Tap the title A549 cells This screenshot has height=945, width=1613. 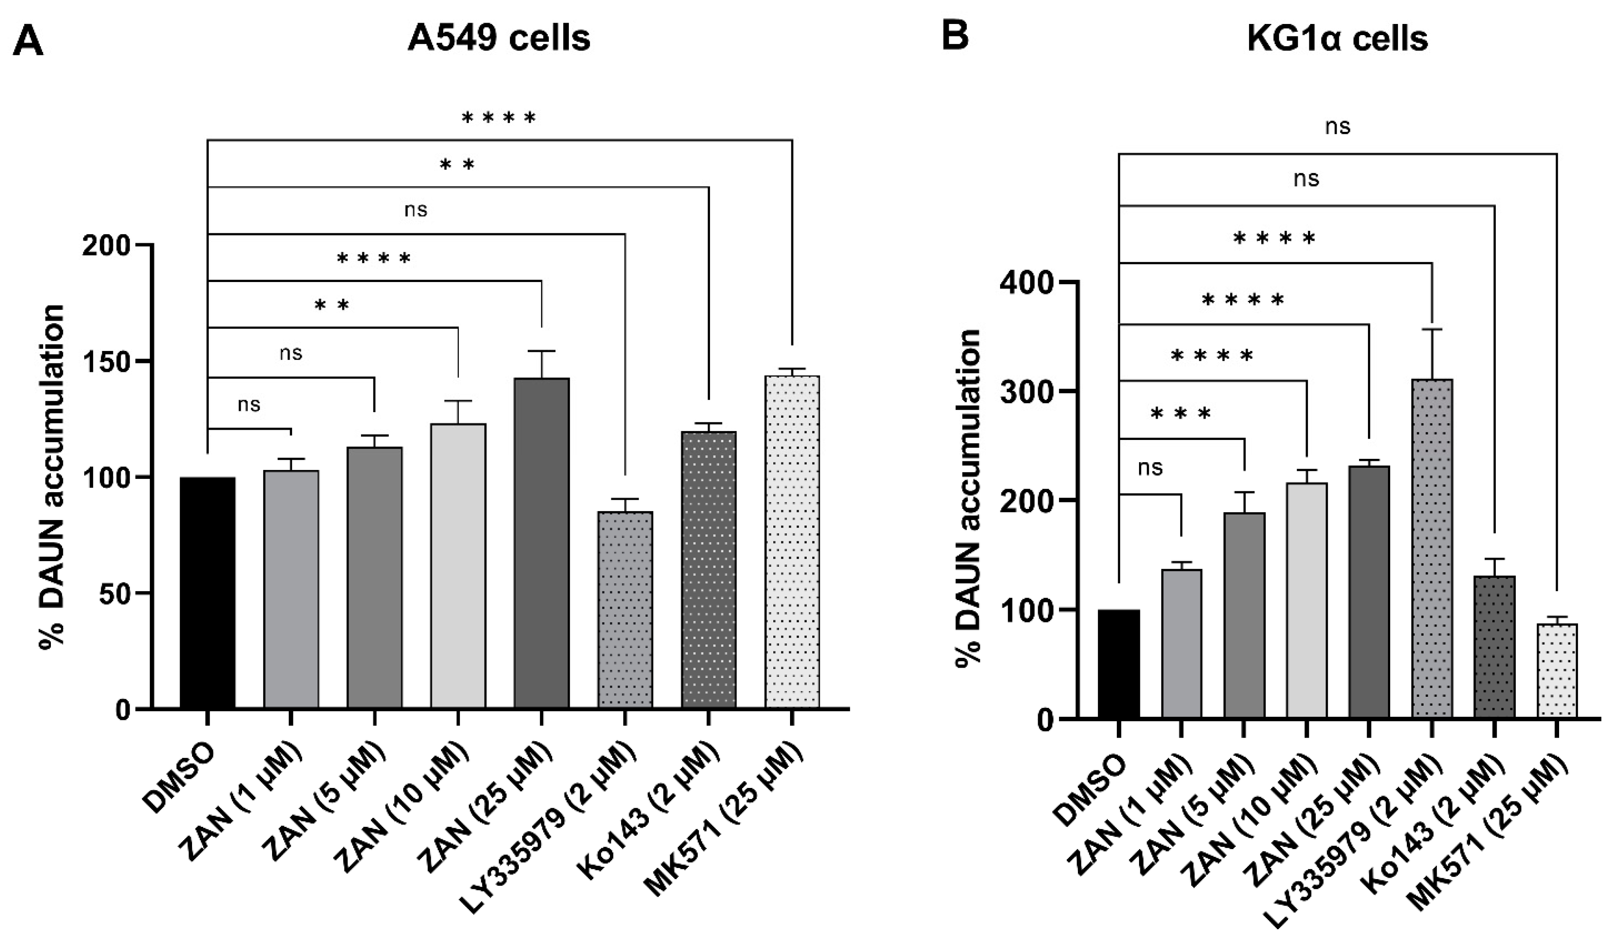pos(499,39)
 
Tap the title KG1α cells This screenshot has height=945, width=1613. pos(1338,39)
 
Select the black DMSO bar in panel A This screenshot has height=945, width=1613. pos(207,592)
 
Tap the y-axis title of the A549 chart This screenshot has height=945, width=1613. pos(53,477)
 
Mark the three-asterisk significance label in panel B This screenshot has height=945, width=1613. pos(1181,413)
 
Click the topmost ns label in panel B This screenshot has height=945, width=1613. pos(1338,126)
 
